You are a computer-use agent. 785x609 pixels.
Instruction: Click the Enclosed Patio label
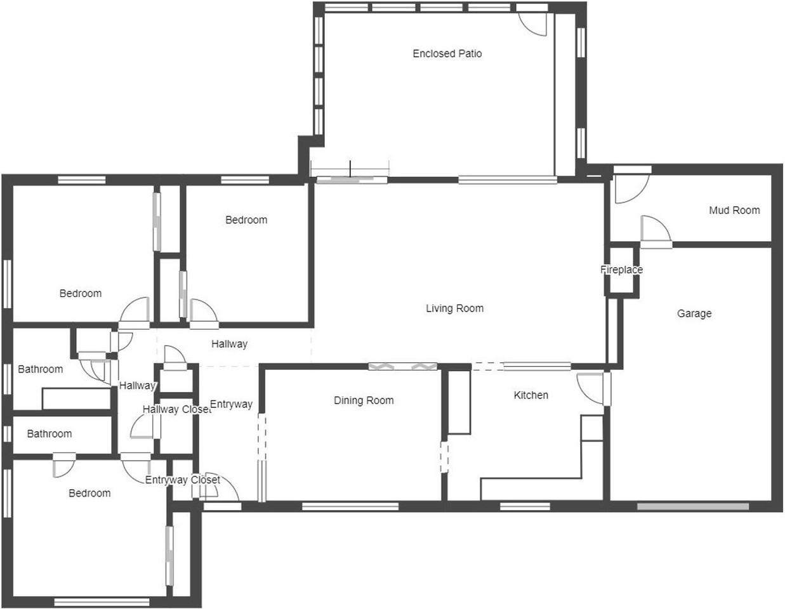point(447,54)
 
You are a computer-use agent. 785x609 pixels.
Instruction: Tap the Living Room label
point(454,309)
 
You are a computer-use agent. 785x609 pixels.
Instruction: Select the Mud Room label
point(734,211)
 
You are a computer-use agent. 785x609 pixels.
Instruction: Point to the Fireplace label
point(621,270)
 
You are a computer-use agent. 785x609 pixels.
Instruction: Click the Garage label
point(694,313)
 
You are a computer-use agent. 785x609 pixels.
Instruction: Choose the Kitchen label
point(531,395)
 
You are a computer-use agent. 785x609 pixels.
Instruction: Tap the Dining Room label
point(364,401)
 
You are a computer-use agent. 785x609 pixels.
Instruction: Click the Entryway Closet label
point(182,480)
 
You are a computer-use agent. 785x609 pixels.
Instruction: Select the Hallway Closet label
point(176,410)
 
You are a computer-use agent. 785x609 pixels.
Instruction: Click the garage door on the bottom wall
point(693,506)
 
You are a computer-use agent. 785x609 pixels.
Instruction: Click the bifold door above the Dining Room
point(402,366)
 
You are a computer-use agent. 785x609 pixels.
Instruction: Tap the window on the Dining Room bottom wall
point(350,506)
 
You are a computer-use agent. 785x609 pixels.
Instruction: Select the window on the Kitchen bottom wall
point(525,506)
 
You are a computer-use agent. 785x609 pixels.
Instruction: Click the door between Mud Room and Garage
point(656,231)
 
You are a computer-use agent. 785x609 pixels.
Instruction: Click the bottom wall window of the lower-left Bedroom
point(102,601)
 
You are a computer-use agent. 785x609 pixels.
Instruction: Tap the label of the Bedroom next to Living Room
point(246,220)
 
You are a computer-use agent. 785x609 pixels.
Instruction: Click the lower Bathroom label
point(49,434)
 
